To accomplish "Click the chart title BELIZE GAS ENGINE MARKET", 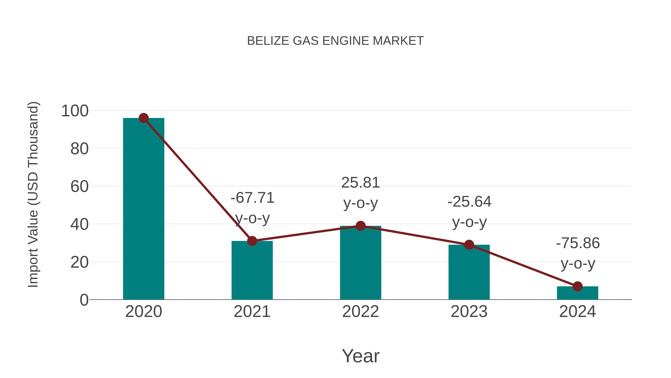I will tap(335, 41).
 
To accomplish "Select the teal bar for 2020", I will tap(144, 209).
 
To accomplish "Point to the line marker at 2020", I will tap(144, 118).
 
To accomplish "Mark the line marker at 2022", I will tap(360, 226).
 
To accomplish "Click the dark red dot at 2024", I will tap(577, 286).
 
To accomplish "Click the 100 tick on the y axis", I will tap(75, 111).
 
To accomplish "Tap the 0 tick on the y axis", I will tap(84, 300).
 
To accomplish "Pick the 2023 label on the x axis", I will tap(469, 312).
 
